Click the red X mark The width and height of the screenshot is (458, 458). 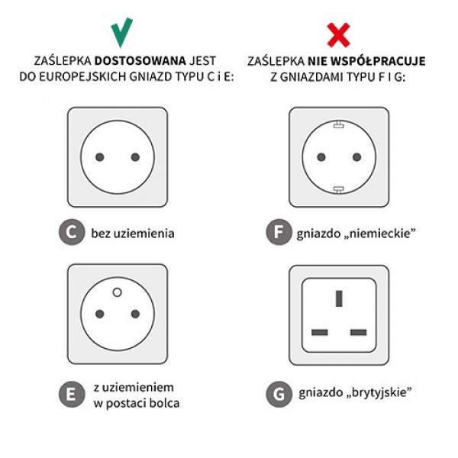point(338,35)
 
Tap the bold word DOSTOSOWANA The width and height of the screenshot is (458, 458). point(140,61)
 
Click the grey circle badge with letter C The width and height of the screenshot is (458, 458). point(72,232)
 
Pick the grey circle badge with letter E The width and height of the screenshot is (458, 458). point(72,395)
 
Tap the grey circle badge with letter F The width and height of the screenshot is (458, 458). point(279,232)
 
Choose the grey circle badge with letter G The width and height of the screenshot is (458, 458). point(279,395)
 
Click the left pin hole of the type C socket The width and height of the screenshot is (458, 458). point(100,157)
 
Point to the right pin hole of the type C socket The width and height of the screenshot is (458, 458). point(135,157)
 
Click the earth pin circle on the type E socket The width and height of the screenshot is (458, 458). point(117,292)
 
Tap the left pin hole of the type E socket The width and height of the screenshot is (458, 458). point(100,314)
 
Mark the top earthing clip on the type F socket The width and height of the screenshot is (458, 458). point(339,125)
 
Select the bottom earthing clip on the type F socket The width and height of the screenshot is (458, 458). point(339,189)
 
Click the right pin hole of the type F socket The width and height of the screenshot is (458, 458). point(356,157)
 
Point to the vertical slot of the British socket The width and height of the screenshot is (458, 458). point(339,298)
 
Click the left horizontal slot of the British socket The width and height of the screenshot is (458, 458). point(320,332)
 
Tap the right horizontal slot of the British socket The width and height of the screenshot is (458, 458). point(359,332)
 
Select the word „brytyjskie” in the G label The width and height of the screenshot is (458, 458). point(379,393)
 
